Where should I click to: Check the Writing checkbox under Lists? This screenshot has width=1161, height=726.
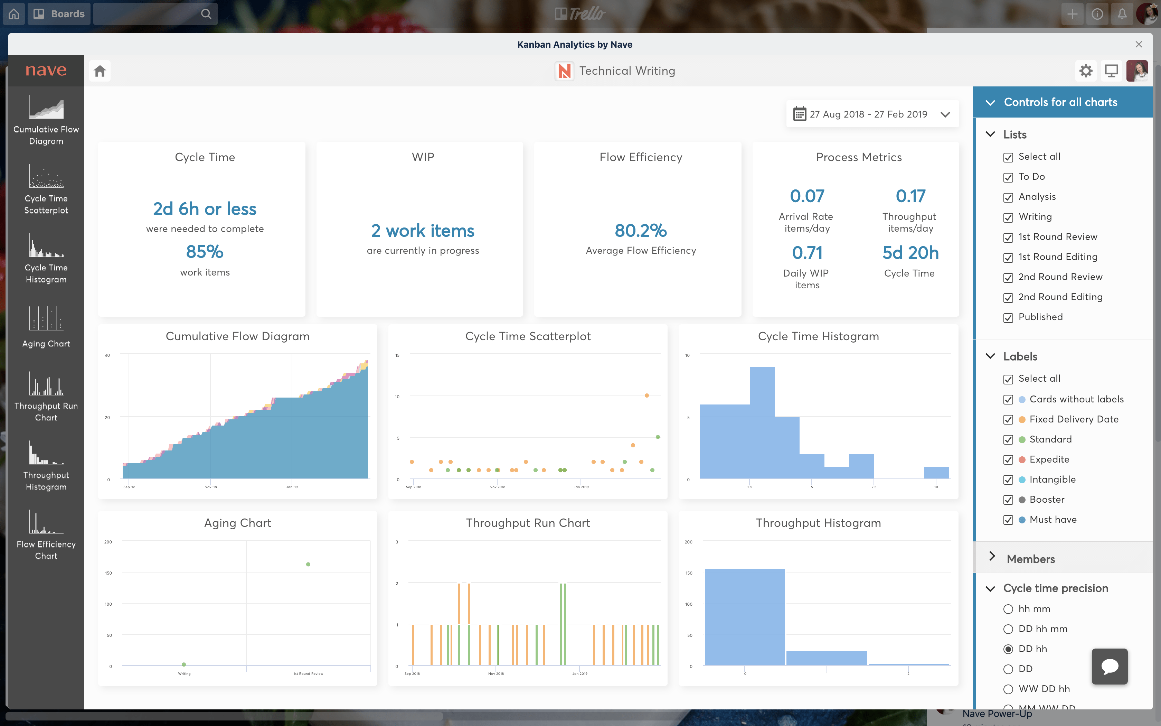(1008, 217)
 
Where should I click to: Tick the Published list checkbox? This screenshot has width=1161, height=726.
(1008, 318)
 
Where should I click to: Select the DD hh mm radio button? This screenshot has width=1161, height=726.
(1008, 629)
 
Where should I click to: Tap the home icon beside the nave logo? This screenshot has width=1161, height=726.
(100, 71)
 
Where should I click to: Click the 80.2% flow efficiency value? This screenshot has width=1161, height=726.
(641, 231)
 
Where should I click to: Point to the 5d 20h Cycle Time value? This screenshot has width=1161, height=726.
(910, 253)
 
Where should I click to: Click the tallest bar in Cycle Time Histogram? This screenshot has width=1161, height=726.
(762, 422)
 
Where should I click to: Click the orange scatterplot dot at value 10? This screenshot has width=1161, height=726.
(647, 395)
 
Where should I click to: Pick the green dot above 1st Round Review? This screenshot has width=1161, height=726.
(308, 564)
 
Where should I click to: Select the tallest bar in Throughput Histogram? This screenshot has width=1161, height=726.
(745, 617)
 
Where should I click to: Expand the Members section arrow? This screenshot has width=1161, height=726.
(992, 557)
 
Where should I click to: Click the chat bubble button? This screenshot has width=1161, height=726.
(1109, 666)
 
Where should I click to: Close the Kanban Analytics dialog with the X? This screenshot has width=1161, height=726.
(1139, 44)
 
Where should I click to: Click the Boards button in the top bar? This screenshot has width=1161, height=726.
(59, 14)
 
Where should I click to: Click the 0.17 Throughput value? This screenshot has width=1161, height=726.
(910, 196)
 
